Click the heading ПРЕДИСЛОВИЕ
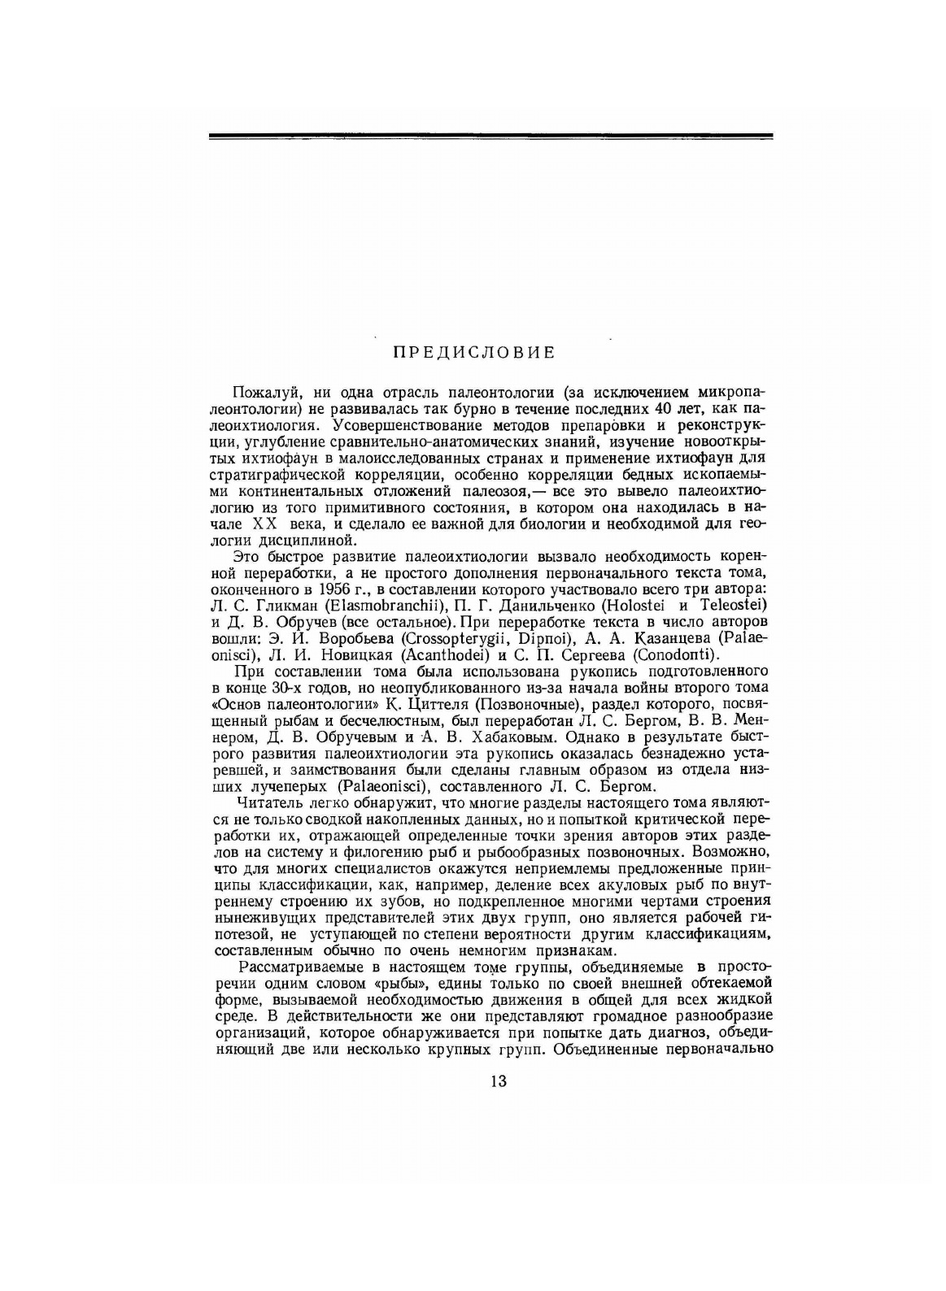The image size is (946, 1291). [474, 352]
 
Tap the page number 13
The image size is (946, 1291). [499, 1081]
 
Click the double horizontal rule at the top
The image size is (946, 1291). [490, 136]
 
